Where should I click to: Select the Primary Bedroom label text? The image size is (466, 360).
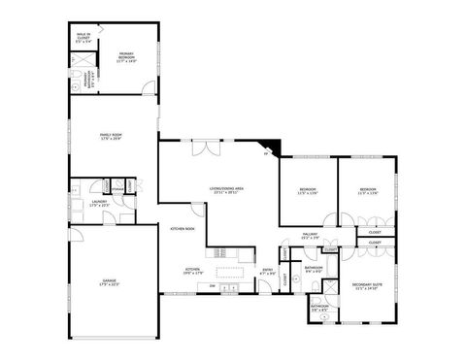[x=126, y=56]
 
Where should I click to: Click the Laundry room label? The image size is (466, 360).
[x=99, y=203]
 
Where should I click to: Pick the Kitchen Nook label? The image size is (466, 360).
[x=183, y=229]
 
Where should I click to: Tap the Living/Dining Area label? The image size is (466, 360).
[x=226, y=188]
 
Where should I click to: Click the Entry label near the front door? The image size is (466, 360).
[x=268, y=271]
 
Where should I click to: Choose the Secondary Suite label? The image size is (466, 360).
[x=365, y=285]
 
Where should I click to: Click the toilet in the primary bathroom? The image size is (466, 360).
[x=76, y=85]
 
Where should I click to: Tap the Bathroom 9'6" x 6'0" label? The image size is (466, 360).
[x=314, y=269]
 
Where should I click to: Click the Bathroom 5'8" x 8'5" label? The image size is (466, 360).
[x=319, y=309]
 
